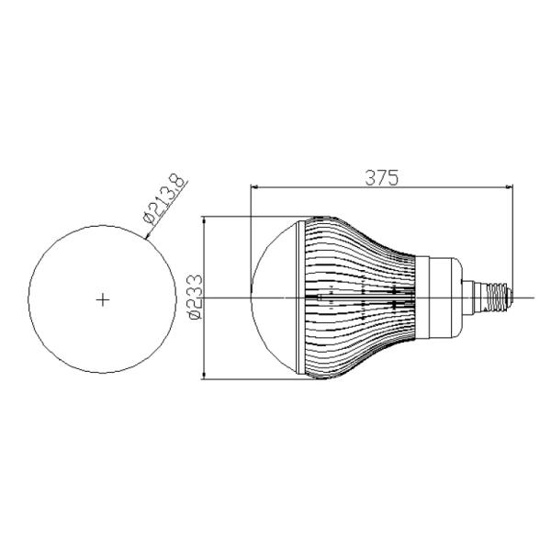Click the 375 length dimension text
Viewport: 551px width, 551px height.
point(382,177)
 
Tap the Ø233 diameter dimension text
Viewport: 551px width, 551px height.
point(196,297)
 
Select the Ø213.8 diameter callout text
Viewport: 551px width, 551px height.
point(164,198)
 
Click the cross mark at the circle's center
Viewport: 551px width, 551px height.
point(103,299)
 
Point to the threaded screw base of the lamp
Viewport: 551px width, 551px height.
point(497,298)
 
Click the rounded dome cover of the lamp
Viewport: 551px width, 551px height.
point(274,298)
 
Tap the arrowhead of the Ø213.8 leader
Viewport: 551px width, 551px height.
point(148,236)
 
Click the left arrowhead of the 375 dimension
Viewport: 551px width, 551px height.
point(254,187)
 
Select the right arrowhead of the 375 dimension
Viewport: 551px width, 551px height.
point(509,187)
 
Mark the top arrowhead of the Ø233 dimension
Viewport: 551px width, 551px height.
point(204,220)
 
